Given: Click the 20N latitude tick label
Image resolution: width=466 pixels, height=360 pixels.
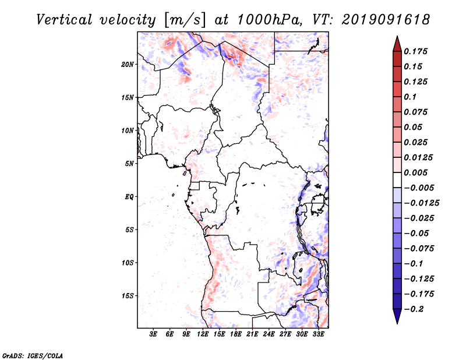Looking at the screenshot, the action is click(x=128, y=65).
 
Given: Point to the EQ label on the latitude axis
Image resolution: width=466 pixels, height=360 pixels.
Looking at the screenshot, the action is click(x=129, y=197).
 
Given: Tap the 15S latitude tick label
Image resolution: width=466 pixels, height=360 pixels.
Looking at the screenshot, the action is click(x=128, y=296).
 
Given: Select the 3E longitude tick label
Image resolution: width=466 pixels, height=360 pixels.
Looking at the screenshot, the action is click(x=153, y=334).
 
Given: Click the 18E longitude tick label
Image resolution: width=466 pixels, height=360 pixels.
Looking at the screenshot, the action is click(x=236, y=334).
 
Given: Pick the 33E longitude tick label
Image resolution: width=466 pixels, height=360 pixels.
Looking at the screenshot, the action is click(x=318, y=334).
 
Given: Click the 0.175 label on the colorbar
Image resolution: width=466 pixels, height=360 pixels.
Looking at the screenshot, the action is click(x=415, y=51).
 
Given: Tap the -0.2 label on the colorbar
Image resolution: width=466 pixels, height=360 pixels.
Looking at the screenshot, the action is click(x=414, y=309).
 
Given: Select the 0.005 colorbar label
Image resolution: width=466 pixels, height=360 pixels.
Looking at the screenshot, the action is click(x=415, y=172).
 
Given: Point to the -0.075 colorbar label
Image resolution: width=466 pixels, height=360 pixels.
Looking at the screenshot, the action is click(x=419, y=249).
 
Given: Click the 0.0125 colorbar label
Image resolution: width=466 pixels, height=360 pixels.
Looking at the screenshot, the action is click(x=418, y=157).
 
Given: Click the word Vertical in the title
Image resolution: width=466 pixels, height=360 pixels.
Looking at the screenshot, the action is click(x=64, y=20).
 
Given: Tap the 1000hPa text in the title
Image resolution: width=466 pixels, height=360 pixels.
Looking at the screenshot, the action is click(x=269, y=20).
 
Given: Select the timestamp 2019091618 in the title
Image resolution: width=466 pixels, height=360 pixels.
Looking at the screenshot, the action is click(x=386, y=20).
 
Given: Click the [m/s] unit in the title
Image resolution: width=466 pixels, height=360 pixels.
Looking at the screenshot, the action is click(x=185, y=20).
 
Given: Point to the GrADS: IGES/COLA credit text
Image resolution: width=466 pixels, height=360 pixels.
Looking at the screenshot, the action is click(x=33, y=356).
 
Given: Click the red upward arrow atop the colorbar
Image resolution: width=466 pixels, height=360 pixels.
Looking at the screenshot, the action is click(x=397, y=44).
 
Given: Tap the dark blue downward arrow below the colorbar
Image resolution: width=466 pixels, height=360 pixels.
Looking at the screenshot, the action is click(x=397, y=316).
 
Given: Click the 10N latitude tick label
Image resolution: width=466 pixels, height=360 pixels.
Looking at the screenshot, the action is click(x=128, y=130).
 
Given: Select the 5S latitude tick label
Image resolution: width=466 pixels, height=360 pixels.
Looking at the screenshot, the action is click(x=129, y=230).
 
